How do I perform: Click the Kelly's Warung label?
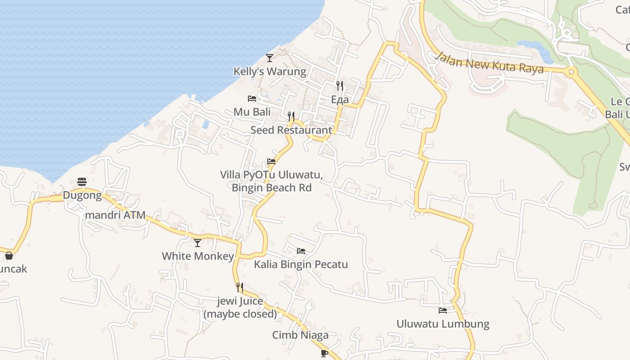[270, 72]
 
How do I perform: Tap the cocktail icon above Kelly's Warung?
[270, 58]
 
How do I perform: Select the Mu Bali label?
[252, 112]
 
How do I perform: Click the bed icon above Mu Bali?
[252, 98]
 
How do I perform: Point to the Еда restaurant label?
[340, 99]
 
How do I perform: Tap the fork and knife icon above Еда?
[340, 85]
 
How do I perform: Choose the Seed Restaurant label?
[291, 130]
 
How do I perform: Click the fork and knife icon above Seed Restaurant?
[291, 117]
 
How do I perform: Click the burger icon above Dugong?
[82, 182]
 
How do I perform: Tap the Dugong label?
[82, 195]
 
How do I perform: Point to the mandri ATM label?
[115, 215]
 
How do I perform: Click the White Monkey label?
[198, 256]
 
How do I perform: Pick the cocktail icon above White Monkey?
[198, 243]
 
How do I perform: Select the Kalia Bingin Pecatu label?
[301, 264]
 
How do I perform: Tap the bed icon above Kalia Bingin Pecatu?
[301, 251]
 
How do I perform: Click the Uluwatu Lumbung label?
[443, 324]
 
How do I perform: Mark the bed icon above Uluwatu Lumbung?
[443, 310]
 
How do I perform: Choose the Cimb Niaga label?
[300, 335]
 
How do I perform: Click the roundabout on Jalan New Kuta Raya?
[571, 71]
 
